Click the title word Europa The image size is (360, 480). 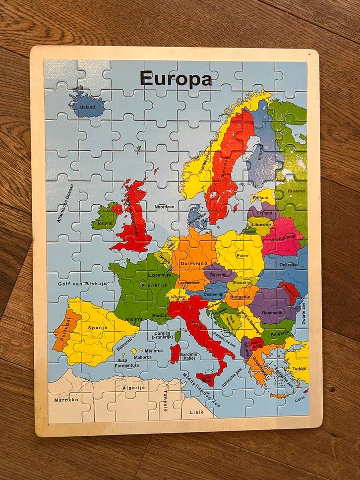click(176, 78)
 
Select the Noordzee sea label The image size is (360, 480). click(165, 206)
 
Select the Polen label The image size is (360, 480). click(242, 255)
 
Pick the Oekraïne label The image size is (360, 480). click(288, 265)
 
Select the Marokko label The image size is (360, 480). click(66, 399)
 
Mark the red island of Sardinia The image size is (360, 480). click(175, 354)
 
